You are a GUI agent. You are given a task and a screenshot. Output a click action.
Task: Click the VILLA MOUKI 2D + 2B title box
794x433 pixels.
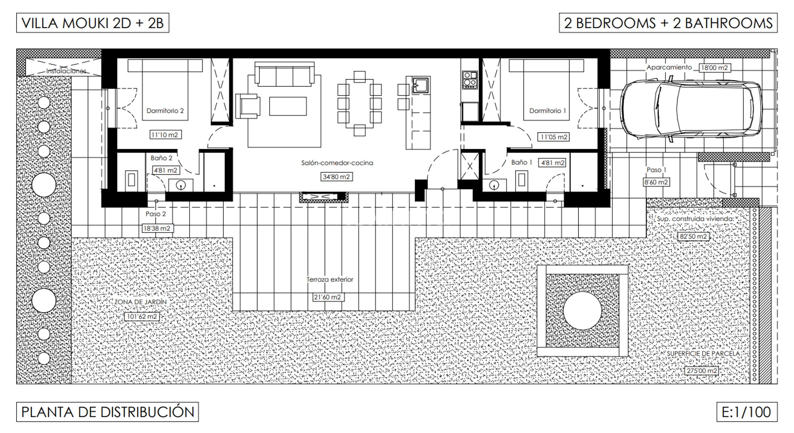pos(93,23)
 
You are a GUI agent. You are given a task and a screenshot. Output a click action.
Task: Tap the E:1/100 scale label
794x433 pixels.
pos(747,412)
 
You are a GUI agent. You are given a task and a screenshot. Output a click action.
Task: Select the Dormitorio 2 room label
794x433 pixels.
pos(165,111)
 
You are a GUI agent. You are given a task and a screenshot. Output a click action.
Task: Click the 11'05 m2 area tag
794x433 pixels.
pos(554,137)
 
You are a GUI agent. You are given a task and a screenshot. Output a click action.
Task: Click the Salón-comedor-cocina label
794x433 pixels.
pos(337,163)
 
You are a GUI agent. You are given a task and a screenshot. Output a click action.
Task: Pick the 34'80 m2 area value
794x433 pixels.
pos(337,177)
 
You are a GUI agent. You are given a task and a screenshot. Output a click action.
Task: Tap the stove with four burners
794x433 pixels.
pos(470,80)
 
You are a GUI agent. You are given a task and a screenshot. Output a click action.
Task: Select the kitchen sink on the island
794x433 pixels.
pos(421,85)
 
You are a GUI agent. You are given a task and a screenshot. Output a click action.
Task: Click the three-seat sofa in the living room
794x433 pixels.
pos(284,74)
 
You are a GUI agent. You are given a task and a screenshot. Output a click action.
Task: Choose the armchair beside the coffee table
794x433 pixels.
pos(248,106)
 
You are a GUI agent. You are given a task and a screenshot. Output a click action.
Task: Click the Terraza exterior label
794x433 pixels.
pos(330,279)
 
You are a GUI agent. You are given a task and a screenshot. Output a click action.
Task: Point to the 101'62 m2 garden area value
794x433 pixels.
pos(142,317)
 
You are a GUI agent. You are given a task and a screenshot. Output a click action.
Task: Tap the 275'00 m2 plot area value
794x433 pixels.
pos(702,371)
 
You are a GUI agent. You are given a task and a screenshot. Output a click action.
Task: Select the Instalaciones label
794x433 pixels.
pos(66,71)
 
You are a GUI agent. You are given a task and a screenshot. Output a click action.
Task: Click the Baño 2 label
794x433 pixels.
pos(161,158)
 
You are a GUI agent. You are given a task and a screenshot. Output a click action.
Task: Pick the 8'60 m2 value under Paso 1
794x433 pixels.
pos(656,182)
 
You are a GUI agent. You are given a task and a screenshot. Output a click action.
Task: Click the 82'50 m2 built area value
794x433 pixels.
pos(693,237)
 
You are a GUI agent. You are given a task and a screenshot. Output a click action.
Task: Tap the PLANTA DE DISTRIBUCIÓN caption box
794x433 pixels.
pos(108,412)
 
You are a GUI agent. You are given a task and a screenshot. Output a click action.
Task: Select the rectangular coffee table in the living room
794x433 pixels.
pos(288,106)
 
